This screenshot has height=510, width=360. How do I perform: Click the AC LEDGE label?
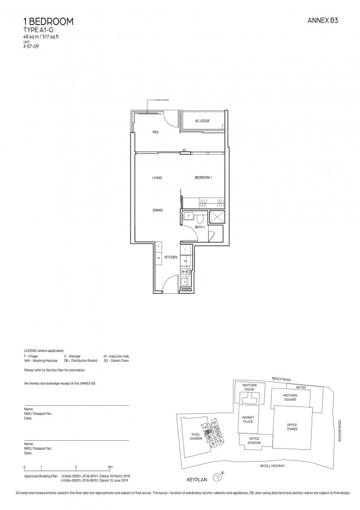[x=202, y=121]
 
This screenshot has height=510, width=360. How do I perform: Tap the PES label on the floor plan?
[x=155, y=132]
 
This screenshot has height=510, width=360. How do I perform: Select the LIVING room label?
[x=157, y=178]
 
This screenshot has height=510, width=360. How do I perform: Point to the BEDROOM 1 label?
[x=202, y=178]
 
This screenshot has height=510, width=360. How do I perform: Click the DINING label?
[x=157, y=211]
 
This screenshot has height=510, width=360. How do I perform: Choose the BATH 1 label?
[x=199, y=227]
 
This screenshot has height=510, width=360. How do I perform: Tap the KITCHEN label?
[x=171, y=257]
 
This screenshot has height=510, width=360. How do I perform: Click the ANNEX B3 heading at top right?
[x=325, y=21]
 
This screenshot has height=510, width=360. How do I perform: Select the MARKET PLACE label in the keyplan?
[x=248, y=419]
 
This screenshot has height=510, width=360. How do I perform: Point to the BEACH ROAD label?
[x=281, y=379]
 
